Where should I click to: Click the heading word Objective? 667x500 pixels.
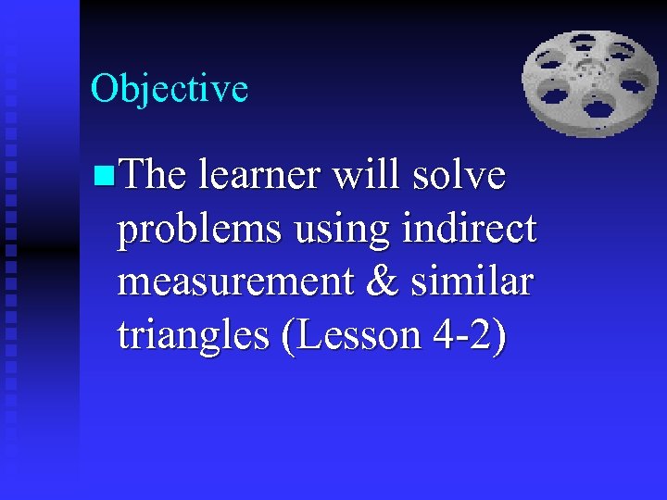[x=170, y=89]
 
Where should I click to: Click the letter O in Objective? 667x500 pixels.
[x=104, y=89]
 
